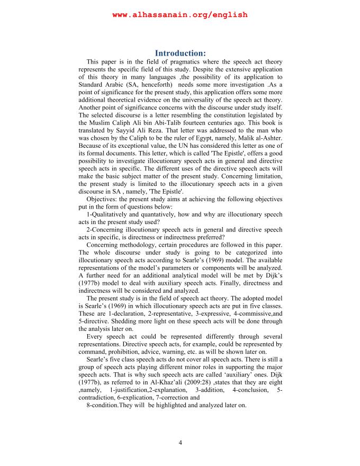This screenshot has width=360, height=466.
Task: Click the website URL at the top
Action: click(180, 15)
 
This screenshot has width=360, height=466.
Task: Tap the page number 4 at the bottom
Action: click(180, 443)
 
